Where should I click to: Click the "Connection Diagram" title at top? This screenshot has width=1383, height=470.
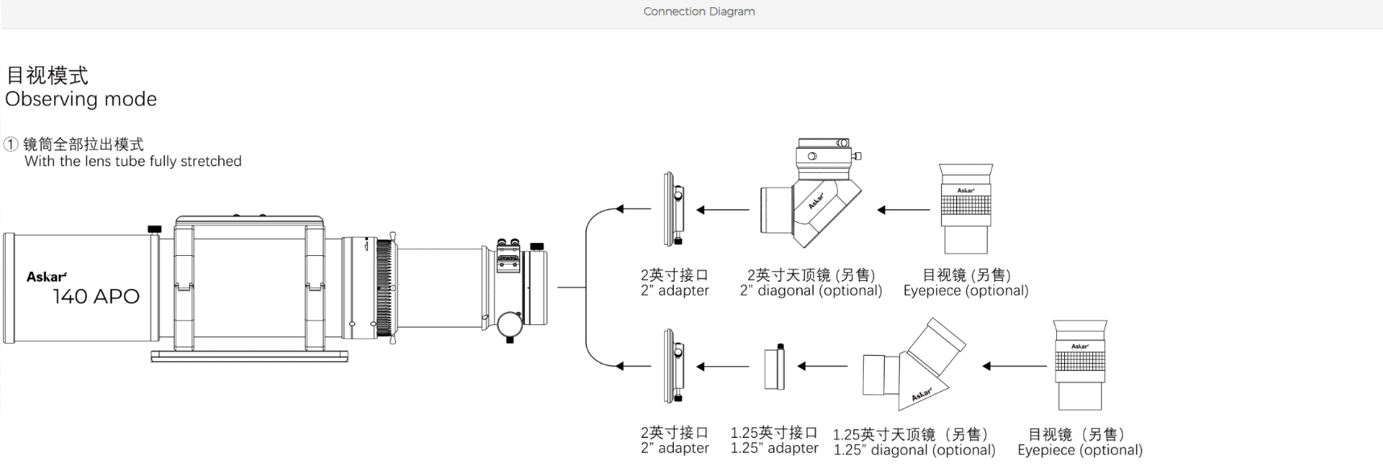click(x=699, y=12)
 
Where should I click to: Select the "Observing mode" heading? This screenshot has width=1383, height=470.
click(x=81, y=99)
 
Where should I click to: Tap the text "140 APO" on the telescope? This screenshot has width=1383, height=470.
click(x=96, y=297)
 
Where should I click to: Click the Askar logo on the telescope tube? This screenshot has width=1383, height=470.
click(x=47, y=277)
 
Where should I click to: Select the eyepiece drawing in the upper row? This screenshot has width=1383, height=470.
click(x=965, y=209)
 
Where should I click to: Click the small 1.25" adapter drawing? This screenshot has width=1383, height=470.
click(x=774, y=367)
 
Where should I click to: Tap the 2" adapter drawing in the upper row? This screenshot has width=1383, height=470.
click(x=674, y=209)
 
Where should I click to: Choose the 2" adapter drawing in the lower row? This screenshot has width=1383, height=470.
click(x=674, y=366)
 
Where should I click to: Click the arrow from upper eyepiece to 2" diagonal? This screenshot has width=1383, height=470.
click(x=903, y=210)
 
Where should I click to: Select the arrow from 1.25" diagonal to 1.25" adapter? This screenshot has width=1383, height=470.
click(x=822, y=366)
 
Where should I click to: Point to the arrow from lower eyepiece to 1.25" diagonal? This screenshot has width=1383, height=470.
click(x=1014, y=366)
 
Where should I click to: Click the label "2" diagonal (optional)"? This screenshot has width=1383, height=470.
click(x=811, y=291)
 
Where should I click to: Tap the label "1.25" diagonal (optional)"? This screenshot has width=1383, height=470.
click(x=914, y=450)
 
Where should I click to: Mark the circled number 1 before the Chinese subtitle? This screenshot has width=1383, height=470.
click(x=10, y=145)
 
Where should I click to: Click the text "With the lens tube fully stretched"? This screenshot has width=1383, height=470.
click(x=133, y=161)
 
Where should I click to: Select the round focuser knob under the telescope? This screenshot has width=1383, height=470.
click(x=510, y=324)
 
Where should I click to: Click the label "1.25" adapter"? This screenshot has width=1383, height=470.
click(x=774, y=448)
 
